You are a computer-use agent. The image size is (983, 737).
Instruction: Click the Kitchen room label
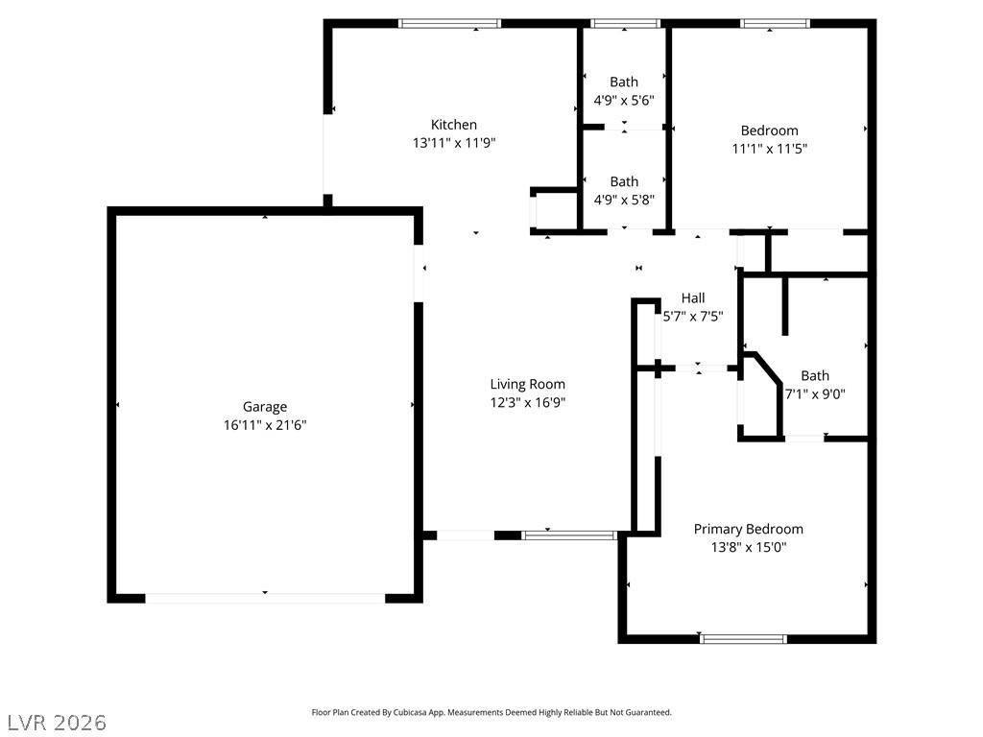(x=454, y=125)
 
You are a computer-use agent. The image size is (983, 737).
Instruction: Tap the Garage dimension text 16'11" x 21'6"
(x=265, y=425)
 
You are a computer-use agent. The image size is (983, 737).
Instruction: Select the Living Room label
(x=528, y=384)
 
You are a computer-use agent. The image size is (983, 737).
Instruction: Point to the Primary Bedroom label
(x=749, y=530)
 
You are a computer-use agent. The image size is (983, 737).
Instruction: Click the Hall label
(x=693, y=298)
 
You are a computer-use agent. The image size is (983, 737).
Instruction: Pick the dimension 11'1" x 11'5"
(x=770, y=149)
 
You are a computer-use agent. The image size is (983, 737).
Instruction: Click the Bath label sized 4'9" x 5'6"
(x=624, y=83)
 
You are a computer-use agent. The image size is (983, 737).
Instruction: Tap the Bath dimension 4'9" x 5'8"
(x=624, y=200)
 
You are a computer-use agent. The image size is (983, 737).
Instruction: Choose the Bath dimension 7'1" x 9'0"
(x=816, y=394)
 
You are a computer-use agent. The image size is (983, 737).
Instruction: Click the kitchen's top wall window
(x=449, y=24)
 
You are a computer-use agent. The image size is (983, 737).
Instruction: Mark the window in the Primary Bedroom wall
(x=743, y=639)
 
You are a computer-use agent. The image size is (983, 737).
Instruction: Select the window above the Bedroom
(x=775, y=24)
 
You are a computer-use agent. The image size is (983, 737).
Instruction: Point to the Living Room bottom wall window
(x=569, y=535)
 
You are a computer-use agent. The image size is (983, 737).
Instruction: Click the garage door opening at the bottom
(x=265, y=599)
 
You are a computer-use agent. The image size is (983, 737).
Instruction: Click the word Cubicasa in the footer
(x=409, y=713)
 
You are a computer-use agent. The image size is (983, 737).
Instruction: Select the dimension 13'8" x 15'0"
(x=749, y=547)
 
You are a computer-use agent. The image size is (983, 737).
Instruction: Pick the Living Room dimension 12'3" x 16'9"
(x=528, y=402)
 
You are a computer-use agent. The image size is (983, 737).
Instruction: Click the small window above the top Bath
(x=625, y=24)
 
